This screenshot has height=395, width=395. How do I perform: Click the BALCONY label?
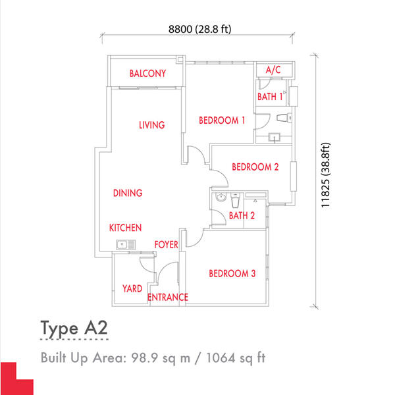pos(147,74)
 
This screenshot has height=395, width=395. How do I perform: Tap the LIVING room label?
pos(151,125)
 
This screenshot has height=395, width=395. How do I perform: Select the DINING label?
pos(128,193)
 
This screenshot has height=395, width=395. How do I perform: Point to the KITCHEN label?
pos(125,228)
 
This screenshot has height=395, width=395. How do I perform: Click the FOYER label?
pos(167,244)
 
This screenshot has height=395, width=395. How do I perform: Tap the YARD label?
pos(132,288)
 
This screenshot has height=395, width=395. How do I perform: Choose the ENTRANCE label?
pos(168,298)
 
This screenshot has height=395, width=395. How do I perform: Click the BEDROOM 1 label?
pos(223,120)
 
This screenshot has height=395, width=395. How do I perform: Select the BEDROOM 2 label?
pos(255,167)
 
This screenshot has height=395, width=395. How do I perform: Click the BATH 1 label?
pos(271,97)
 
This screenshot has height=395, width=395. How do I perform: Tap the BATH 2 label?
pos(242,215)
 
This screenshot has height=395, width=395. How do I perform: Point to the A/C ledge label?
pos(273,70)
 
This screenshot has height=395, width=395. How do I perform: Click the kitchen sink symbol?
pos(122,246)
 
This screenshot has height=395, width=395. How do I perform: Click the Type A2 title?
pos(73,328)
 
